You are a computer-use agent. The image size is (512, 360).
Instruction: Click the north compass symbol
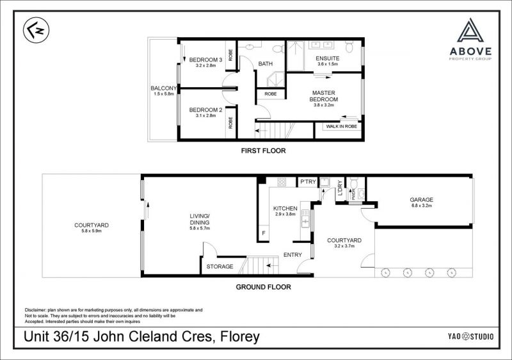36,30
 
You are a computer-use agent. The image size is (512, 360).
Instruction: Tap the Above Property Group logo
470,39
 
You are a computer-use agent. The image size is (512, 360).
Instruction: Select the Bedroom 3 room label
205,60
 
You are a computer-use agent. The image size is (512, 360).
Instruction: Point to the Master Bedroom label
324,96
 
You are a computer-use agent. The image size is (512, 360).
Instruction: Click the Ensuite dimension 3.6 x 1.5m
328,64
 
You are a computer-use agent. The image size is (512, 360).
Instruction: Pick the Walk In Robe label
342,126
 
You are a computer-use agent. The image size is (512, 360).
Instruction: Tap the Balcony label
164,88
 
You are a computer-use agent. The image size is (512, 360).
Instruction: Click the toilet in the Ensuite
349,47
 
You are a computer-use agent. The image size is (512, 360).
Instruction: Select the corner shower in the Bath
276,79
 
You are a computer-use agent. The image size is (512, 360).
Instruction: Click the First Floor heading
263,151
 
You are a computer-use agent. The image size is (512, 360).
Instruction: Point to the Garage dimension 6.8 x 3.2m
422,206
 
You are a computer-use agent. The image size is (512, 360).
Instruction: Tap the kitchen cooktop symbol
282,182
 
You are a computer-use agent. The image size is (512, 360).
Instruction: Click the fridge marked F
264,233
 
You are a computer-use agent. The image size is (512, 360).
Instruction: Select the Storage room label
220,266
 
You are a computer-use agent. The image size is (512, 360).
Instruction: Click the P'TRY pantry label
308,182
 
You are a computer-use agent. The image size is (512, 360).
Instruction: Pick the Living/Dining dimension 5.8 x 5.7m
200,228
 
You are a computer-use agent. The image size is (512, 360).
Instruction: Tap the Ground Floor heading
263,287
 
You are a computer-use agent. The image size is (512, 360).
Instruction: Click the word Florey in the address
240,336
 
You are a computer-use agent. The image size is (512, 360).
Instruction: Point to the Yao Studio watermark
470,336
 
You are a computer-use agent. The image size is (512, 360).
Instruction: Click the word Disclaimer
36,309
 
